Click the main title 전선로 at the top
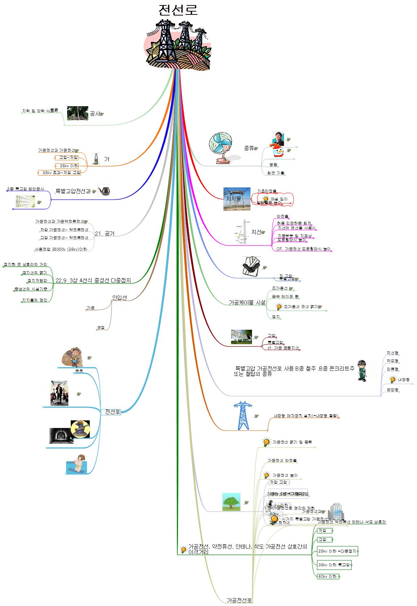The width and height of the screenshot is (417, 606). pyautogui.click(x=178, y=10)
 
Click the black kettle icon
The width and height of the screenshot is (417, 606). pyautogui.click(x=104, y=190)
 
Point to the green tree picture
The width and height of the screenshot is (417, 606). pyautogui.click(x=231, y=502)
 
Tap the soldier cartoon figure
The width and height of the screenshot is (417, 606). pyautogui.click(x=362, y=370)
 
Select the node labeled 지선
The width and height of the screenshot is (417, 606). pyautogui.click(x=256, y=232)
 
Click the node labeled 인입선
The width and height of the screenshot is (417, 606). pyautogui.click(x=119, y=298)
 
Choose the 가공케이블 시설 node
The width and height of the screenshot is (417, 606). pyautogui.click(x=247, y=302)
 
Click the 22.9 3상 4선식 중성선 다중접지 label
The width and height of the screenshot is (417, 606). pyautogui.click(x=93, y=280)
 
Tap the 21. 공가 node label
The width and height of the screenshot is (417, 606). pyautogui.click(x=105, y=234)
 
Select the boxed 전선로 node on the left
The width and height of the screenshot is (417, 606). pyautogui.click(x=113, y=412)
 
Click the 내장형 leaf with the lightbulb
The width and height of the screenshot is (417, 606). pyautogui.click(x=401, y=380)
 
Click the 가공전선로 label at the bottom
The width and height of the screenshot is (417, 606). pyautogui.click(x=239, y=600)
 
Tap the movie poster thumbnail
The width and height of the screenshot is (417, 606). pyautogui.click(x=59, y=393)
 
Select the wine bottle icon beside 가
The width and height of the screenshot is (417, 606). pyautogui.click(x=96, y=159)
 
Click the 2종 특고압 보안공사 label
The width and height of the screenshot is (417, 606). pyautogui.click(x=25, y=189)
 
